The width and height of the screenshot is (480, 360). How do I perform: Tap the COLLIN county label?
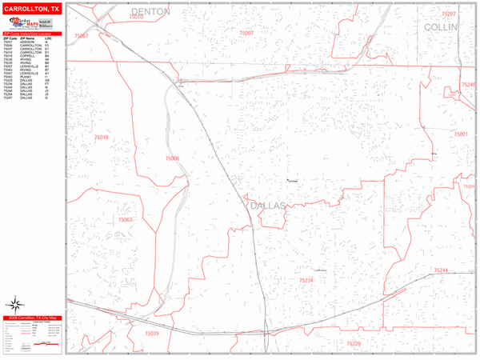pos(440,26)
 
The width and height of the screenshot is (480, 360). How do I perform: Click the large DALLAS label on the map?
pos(268,206)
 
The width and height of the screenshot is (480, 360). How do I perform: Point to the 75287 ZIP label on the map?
pos(449,14)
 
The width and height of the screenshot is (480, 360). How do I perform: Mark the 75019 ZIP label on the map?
pos(101,138)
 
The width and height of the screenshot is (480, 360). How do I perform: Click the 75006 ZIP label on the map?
pos(172,158)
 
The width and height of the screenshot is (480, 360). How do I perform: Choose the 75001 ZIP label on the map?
pos(460,134)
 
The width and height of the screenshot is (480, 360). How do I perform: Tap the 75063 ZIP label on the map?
pos(126,219)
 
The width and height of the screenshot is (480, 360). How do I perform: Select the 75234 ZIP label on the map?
pos(306,280)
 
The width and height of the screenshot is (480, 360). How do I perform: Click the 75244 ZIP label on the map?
pos(442,271)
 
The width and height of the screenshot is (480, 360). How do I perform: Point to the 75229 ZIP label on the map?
pos(353,343)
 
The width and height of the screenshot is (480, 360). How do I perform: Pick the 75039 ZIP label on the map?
pos(152,334)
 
